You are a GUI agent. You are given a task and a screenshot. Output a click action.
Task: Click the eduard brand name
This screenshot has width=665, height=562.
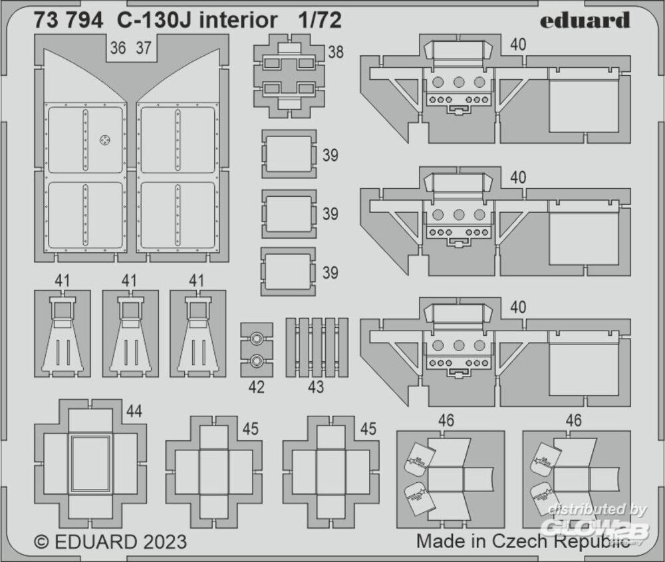pos(584,21)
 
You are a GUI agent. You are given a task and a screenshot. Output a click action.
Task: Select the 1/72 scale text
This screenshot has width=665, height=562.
pos(320,21)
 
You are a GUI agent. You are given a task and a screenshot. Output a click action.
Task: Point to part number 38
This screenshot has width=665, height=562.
pos(336,51)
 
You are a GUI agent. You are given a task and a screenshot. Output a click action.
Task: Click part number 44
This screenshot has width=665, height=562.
pos(134,412)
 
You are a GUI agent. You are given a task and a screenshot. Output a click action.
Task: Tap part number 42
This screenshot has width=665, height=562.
pos(256,387)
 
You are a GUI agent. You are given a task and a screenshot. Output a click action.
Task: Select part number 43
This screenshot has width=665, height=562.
pos(316,387)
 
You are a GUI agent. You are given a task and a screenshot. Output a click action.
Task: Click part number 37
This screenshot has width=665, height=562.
pos(143,48)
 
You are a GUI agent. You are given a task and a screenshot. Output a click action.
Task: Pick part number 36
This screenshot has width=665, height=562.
pos(118,48)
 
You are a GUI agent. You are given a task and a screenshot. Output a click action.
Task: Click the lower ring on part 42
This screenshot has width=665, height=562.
pos(257,361)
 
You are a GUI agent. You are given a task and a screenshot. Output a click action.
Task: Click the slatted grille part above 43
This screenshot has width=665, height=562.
pos(317,347)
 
